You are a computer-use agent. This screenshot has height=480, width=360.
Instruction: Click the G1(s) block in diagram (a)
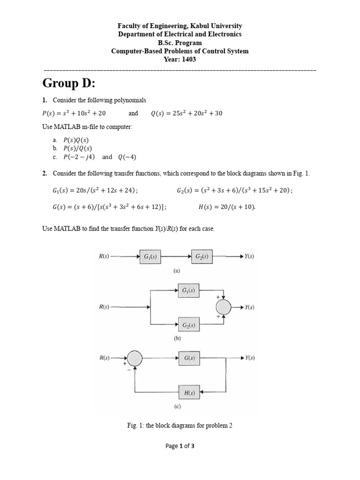point(150,256)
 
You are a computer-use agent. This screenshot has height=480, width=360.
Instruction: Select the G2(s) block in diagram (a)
point(201,256)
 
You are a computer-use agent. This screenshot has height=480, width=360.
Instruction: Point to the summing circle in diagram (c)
point(135,359)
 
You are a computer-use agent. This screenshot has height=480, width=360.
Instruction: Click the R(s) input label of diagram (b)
point(104,307)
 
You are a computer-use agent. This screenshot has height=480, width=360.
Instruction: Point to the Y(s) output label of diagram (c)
point(249,358)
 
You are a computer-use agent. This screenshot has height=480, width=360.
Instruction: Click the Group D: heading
point(68,83)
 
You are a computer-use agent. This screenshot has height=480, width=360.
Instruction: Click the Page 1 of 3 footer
point(180,446)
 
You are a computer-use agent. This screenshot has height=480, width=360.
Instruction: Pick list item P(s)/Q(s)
point(75,149)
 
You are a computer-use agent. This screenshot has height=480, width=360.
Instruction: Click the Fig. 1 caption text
point(180,426)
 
